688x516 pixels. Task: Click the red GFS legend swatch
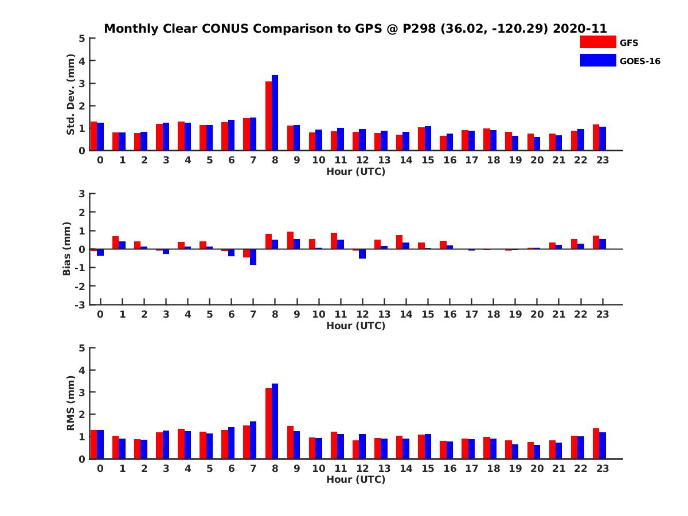click(x=598, y=42)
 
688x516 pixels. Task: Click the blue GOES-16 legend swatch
click(x=598, y=60)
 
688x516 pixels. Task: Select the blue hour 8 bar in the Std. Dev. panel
click(x=275, y=113)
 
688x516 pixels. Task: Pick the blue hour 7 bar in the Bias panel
click(x=253, y=257)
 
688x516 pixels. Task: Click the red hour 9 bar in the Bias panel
click(x=290, y=240)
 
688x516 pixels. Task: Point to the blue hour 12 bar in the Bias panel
click(x=362, y=254)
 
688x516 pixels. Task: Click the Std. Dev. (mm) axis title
click(x=71, y=95)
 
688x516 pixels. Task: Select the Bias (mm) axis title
click(x=67, y=249)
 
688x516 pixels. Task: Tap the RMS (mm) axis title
click(x=71, y=403)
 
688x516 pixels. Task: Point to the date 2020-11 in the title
click(x=580, y=29)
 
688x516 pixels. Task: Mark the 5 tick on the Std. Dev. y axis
click(x=83, y=38)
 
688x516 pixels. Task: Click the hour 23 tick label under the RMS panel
click(x=602, y=468)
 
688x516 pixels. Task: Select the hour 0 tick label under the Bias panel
click(x=100, y=314)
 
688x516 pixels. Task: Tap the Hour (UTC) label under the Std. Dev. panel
click(x=355, y=171)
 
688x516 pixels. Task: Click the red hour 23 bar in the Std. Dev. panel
click(x=596, y=138)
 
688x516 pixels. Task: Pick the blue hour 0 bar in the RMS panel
click(x=100, y=444)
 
